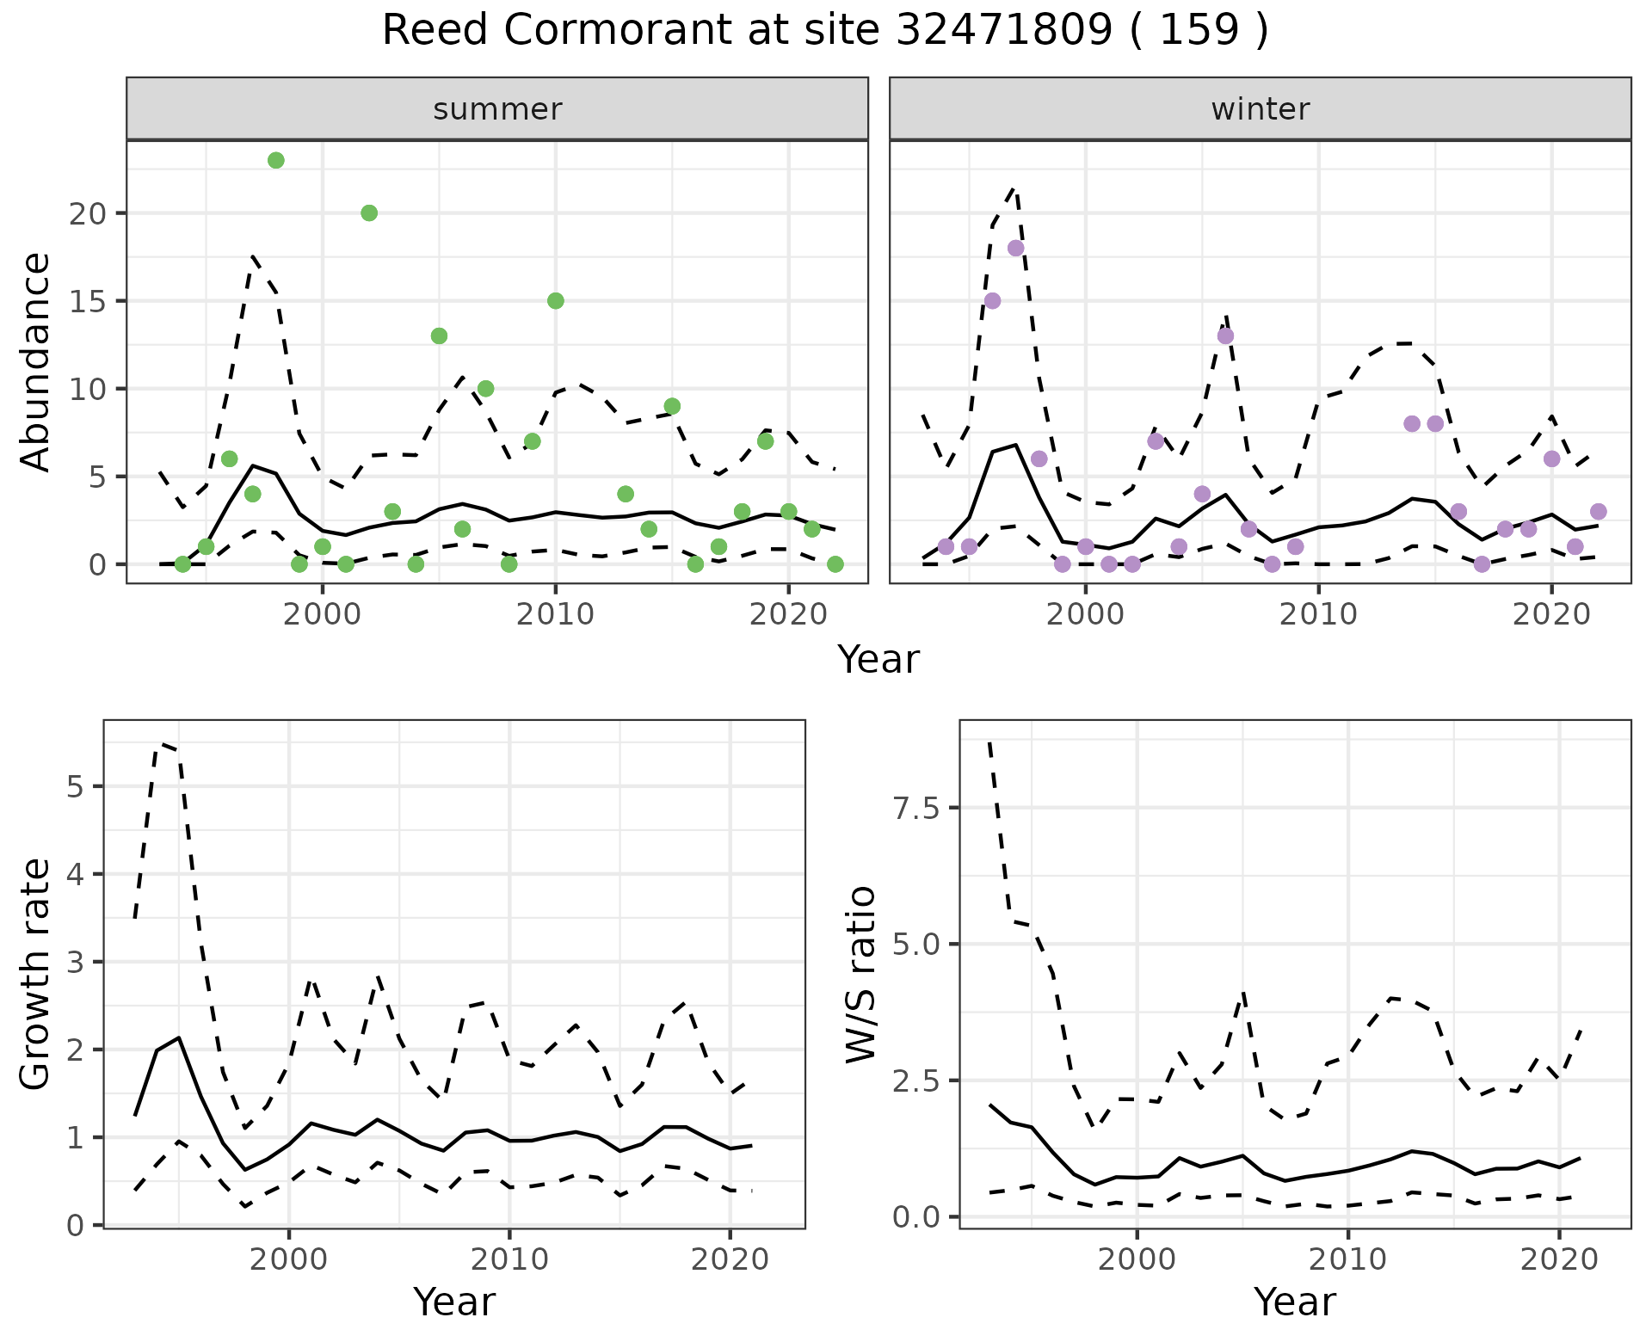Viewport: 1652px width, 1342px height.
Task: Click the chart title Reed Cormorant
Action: tap(824, 31)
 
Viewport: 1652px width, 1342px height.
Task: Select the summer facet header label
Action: tap(497, 109)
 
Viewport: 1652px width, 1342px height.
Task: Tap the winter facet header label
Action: tap(1260, 109)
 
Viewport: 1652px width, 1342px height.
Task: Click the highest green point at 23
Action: tap(276, 161)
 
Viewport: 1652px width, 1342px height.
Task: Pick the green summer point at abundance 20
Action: tap(369, 213)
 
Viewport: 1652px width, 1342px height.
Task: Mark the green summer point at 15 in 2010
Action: tap(556, 301)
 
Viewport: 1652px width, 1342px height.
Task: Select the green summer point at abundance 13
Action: tap(439, 336)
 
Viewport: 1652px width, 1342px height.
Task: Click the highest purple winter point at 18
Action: tap(1015, 249)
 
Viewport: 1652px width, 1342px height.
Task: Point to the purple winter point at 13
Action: tap(1225, 336)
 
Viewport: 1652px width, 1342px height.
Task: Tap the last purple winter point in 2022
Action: tap(1599, 512)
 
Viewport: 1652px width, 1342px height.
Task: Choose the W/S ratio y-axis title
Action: tap(860, 975)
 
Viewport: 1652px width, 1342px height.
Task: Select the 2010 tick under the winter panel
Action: tap(1318, 614)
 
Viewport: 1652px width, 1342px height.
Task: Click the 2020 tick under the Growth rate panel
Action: tap(730, 1260)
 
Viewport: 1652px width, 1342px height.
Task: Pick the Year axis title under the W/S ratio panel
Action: tap(1294, 1302)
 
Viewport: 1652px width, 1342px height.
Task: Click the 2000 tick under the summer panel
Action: tap(323, 614)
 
